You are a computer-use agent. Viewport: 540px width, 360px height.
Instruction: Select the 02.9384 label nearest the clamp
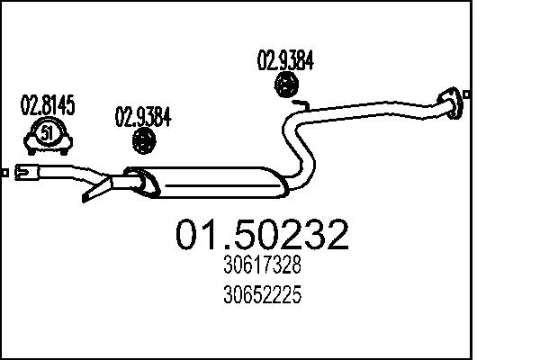(x=143, y=117)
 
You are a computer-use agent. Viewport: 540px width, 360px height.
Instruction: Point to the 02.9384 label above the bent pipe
(x=285, y=61)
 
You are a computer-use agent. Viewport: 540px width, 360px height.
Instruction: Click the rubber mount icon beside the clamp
(x=144, y=140)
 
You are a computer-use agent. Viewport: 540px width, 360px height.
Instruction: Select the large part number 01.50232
(x=261, y=236)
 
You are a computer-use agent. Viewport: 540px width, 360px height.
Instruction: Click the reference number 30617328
(x=261, y=266)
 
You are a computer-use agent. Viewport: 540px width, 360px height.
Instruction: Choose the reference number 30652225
(x=261, y=292)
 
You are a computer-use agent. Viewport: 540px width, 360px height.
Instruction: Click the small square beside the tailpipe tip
(x=5, y=170)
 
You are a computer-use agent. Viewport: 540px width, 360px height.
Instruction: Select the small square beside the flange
(x=469, y=94)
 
